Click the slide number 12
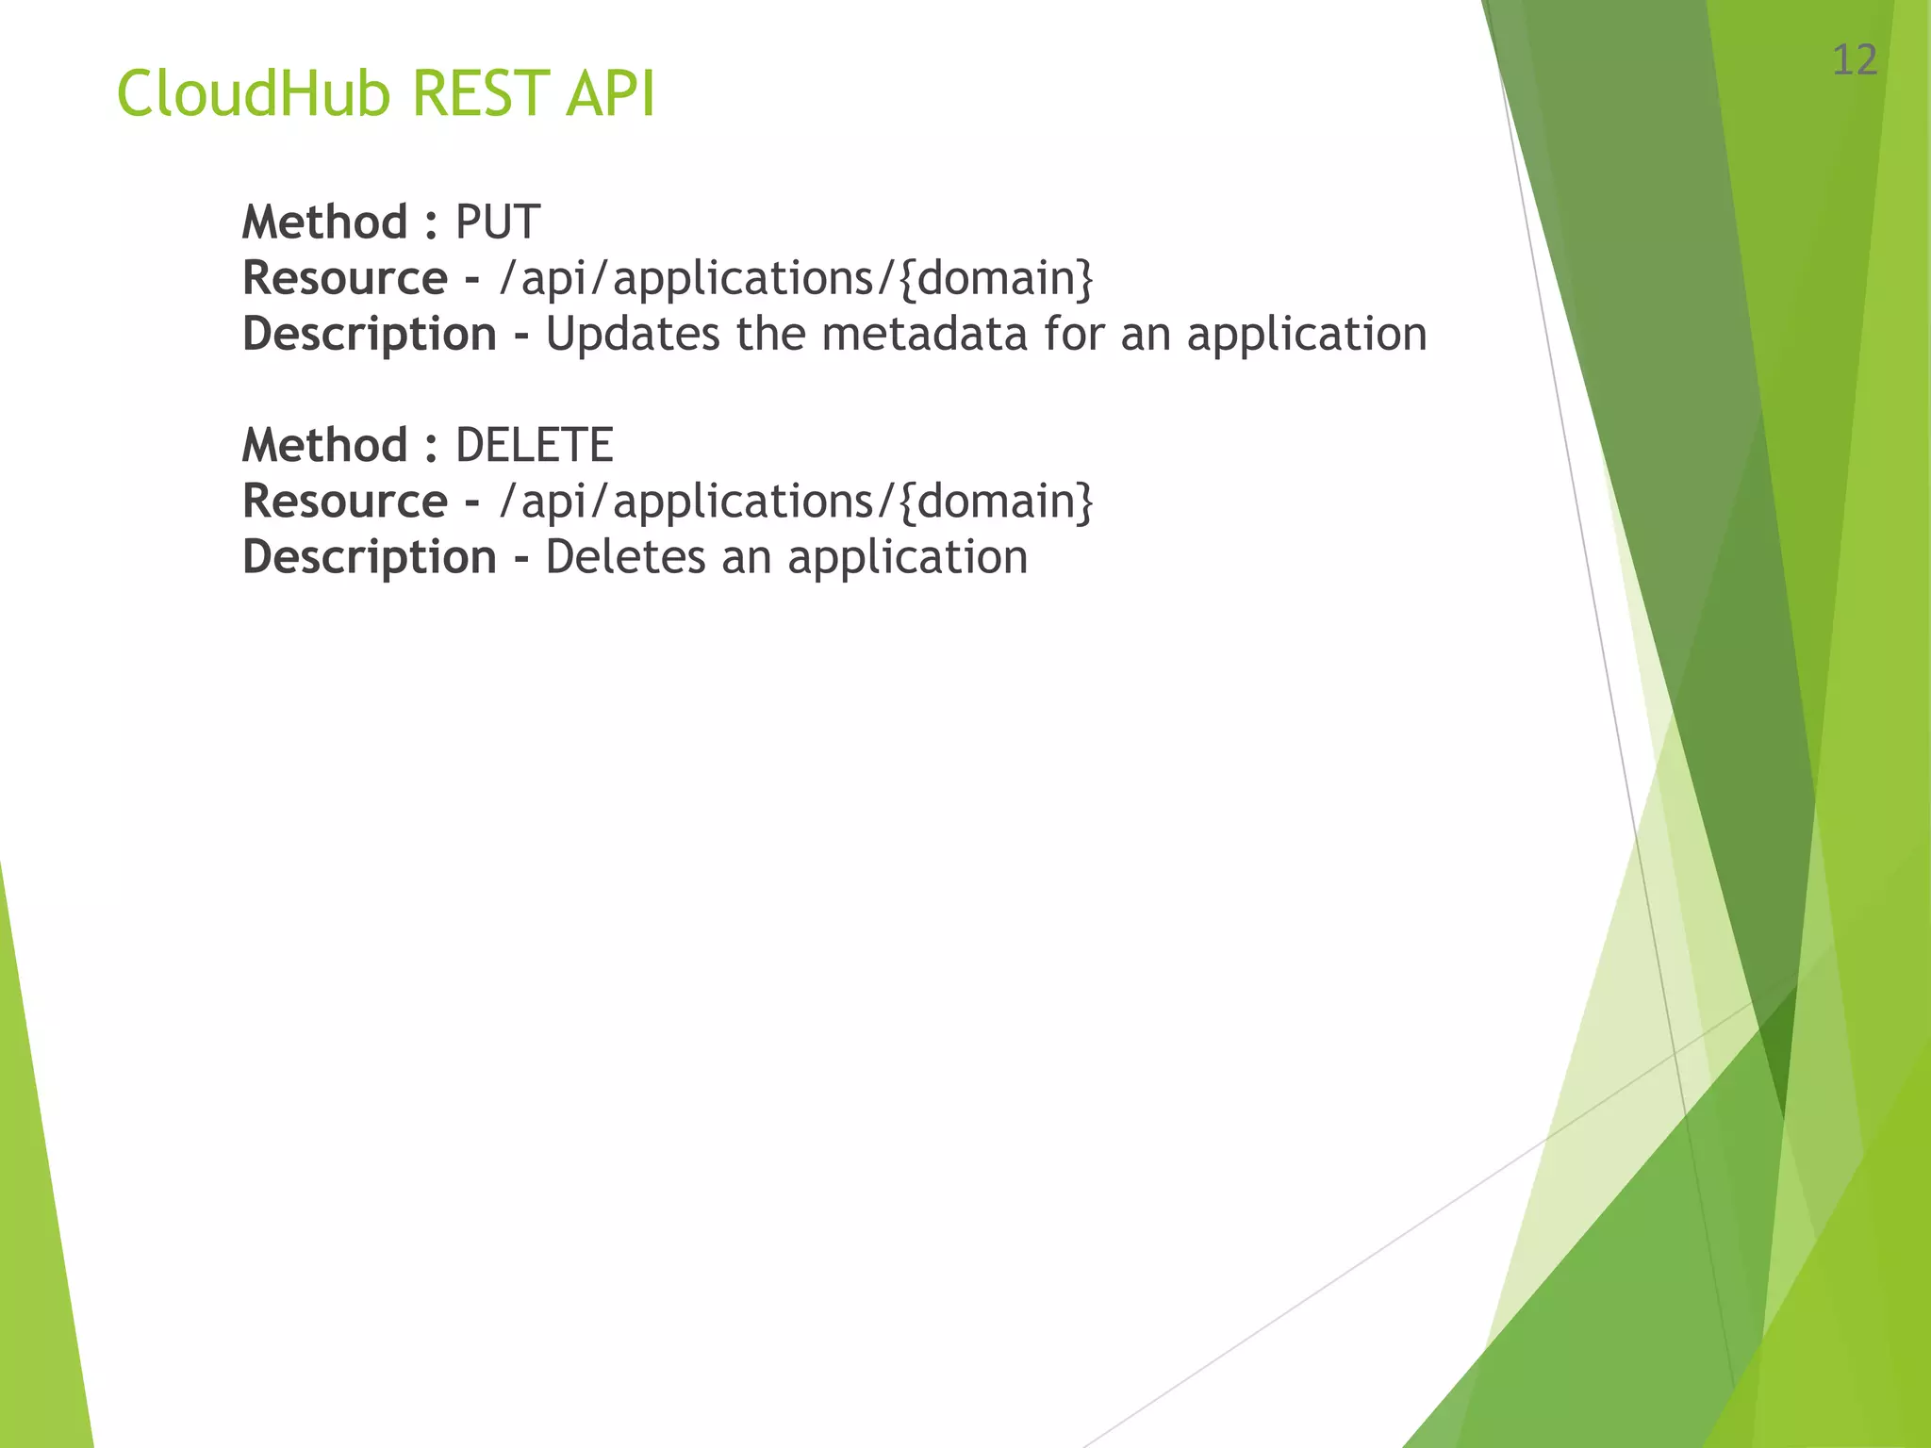pyautogui.click(x=1854, y=61)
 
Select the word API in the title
pyautogui.click(x=610, y=94)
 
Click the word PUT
pyautogui.click(x=498, y=223)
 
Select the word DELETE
pyautogui.click(x=534, y=446)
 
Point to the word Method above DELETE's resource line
pyautogui.click(x=324, y=446)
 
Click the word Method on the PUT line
pyautogui.click(x=324, y=223)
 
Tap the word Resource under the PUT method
pyautogui.click(x=344, y=279)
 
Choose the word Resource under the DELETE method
pyautogui.click(x=344, y=502)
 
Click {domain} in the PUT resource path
pyautogui.click(x=996, y=279)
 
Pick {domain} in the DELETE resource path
pyautogui.click(x=996, y=502)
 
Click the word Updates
pyautogui.click(x=633, y=335)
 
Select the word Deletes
pyautogui.click(x=625, y=557)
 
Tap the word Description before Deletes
pyautogui.click(x=369, y=557)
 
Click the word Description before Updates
pyautogui.click(x=369, y=335)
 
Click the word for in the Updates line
pyautogui.click(x=1073, y=335)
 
